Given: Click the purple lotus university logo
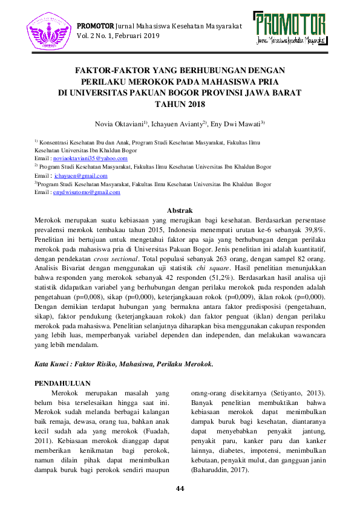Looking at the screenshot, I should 48,31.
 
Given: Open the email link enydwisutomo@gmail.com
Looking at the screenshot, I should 87,192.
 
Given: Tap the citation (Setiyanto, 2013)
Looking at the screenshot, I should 293,392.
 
